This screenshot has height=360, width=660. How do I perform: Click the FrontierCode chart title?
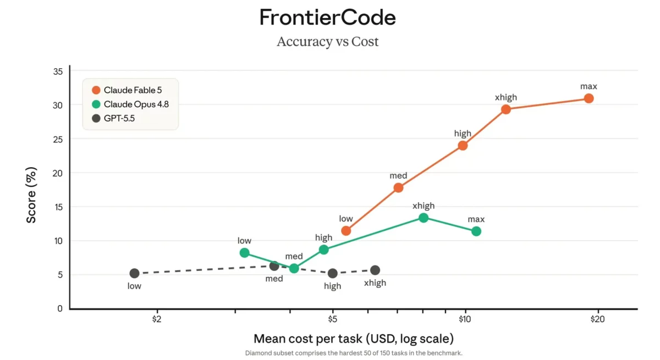[x=327, y=18]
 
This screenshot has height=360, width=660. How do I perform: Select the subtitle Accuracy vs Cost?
[x=327, y=42]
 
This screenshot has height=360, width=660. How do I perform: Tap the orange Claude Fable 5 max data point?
[x=588, y=98]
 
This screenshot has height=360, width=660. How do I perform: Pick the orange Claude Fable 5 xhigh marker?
[x=506, y=109]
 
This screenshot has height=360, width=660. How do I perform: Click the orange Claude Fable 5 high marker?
[x=463, y=146]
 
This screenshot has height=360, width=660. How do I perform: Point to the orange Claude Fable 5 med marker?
[x=398, y=187]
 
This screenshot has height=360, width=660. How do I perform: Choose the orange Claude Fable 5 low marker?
[x=346, y=231]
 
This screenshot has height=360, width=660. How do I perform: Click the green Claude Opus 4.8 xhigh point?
[x=424, y=218]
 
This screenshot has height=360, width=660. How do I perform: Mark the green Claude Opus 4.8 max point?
[x=476, y=231]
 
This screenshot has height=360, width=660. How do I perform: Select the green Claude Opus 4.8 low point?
[x=244, y=253]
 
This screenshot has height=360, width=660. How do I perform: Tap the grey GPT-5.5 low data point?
[x=134, y=273]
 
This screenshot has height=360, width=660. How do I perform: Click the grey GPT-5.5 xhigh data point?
[x=375, y=270]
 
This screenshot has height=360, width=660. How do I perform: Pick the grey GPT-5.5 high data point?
[x=333, y=273]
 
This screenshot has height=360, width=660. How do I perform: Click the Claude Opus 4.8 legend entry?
[x=130, y=104]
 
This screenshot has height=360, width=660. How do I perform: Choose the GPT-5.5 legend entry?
[x=113, y=118]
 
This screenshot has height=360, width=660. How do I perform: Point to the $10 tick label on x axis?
[x=465, y=319]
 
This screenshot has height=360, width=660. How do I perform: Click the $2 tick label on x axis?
[x=157, y=319]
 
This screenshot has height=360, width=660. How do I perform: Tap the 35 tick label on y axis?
[x=58, y=71]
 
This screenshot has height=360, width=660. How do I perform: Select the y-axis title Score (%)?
[x=31, y=195]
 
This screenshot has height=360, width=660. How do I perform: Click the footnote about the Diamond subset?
[x=354, y=353]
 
